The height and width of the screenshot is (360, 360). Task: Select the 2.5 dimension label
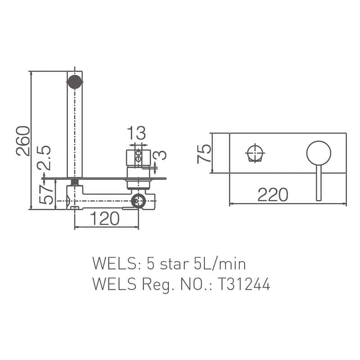45,158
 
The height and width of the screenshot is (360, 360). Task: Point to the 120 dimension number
104,219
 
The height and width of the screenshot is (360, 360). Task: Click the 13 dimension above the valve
136,133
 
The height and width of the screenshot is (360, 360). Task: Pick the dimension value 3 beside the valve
161,155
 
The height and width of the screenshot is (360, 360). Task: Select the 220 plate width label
273,195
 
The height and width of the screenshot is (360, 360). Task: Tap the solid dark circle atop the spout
75,81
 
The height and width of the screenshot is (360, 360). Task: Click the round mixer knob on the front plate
319,153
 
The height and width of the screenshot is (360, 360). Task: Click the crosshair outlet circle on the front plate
255,153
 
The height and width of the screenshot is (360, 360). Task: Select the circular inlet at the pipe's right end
139,201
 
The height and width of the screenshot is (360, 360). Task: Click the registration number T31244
243,284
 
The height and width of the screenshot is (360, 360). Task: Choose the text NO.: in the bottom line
196,284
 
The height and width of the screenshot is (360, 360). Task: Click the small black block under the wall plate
75,182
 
